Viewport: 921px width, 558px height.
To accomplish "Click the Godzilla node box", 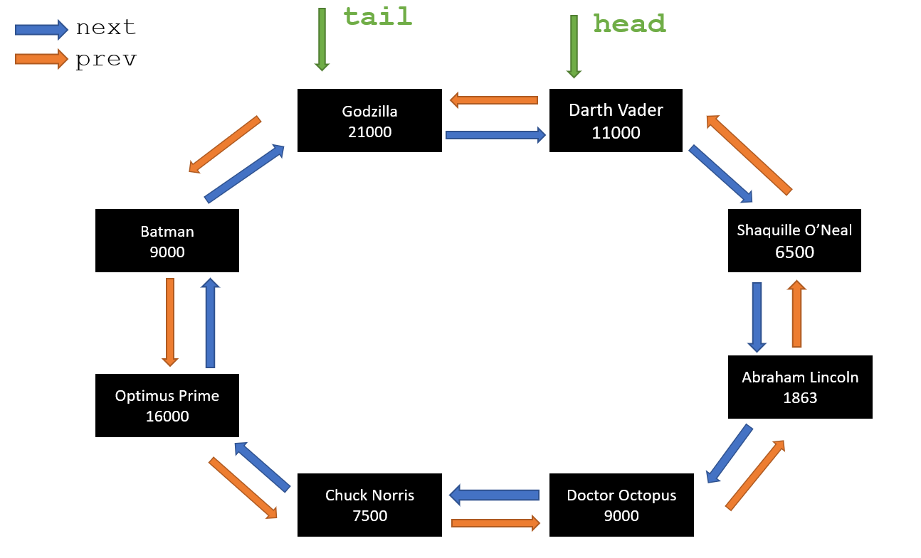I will click(369, 120).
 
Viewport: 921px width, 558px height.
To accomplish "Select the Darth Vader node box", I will click(616, 120).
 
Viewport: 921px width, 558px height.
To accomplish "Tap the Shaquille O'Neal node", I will click(794, 240).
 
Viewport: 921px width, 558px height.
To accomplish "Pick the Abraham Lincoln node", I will click(800, 387).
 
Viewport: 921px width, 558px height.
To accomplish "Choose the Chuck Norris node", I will click(369, 505).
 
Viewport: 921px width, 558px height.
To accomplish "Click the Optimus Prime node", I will click(167, 405).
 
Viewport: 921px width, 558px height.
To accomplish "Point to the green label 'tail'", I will click(377, 16).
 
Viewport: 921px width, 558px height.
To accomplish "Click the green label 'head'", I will click(629, 24).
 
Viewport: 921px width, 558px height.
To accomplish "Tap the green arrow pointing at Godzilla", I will click(322, 39).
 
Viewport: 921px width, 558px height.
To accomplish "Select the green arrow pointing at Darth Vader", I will click(574, 46).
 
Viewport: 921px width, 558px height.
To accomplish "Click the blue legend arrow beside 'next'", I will click(41, 28).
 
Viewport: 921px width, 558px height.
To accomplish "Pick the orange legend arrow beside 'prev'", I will click(41, 59).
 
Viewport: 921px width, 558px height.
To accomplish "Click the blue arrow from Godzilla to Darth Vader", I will click(495, 134).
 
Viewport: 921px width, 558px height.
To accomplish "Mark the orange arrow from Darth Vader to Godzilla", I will click(494, 100).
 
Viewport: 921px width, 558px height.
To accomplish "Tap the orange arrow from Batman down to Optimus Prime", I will click(170, 322).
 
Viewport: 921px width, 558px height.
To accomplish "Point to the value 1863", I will click(800, 398).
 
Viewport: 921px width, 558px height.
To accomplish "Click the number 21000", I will click(369, 132).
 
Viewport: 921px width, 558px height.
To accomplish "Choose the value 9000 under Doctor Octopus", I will click(621, 516).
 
